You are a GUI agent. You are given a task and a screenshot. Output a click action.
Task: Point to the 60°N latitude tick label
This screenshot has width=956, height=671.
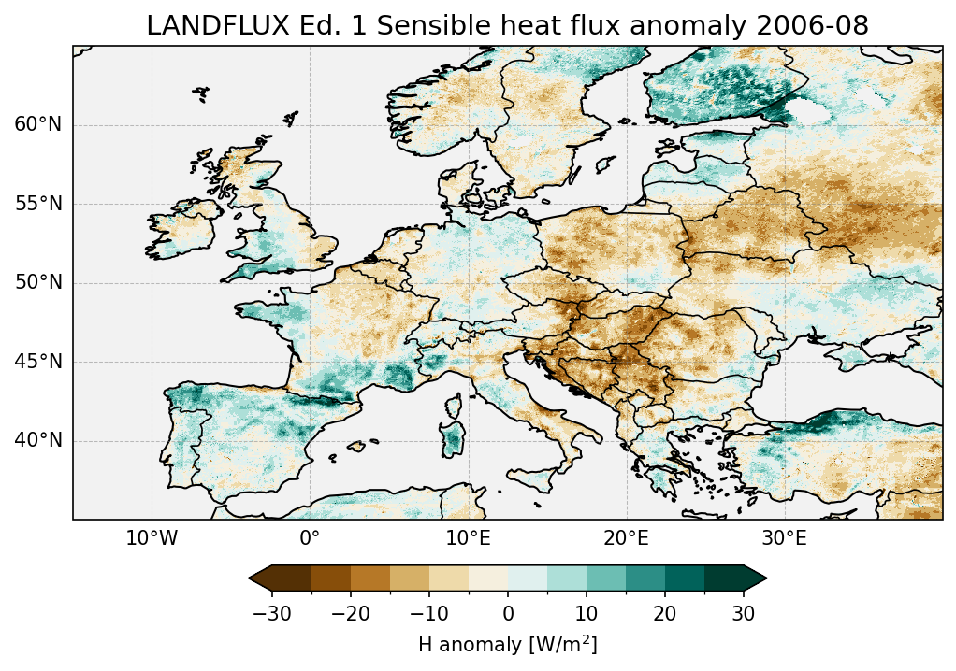coord(37,125)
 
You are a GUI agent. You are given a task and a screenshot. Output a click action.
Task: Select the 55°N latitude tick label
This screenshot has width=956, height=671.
coord(37,204)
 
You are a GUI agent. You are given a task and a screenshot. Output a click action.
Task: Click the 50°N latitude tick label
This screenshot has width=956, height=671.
coord(37,282)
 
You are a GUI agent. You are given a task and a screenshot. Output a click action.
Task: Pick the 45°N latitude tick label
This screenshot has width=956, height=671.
coord(37,362)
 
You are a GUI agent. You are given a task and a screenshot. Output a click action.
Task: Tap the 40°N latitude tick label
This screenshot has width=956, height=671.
coord(37,440)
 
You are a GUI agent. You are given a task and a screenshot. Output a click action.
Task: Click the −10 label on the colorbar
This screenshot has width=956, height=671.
coord(428,613)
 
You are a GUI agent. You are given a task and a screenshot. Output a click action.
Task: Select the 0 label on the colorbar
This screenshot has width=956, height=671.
coord(508,613)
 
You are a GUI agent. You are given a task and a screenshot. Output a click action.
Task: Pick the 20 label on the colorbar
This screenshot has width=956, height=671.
coord(665,613)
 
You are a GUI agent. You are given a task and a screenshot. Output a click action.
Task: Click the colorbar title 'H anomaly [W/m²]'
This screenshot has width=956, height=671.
coord(508,644)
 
